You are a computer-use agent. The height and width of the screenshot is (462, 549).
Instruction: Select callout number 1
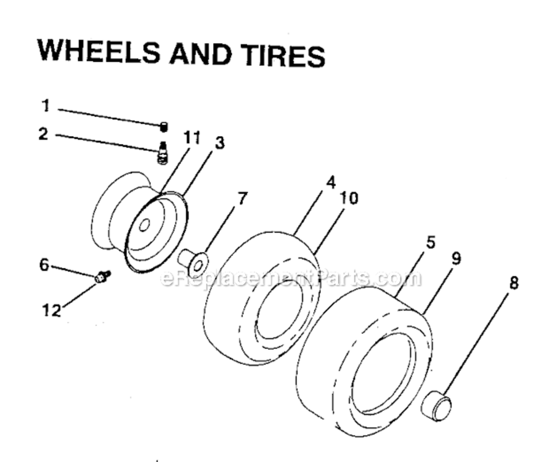click(45, 105)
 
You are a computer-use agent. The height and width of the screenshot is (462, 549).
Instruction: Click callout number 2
click(43, 133)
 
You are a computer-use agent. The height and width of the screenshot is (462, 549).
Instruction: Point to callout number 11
click(192, 139)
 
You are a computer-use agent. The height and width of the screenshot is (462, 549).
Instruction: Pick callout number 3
click(219, 144)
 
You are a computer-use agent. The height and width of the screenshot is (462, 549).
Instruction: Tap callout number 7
click(242, 198)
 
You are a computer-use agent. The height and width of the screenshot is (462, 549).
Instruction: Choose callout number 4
click(331, 182)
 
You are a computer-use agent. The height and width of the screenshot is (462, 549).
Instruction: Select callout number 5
click(430, 242)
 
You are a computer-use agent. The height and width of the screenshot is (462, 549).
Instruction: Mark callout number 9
click(455, 259)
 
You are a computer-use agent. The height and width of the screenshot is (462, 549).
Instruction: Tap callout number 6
click(44, 264)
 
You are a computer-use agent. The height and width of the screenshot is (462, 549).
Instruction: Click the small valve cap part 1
click(164, 126)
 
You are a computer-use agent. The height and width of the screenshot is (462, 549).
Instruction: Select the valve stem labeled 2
click(163, 153)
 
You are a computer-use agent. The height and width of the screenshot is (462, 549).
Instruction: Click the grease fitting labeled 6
click(102, 277)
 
